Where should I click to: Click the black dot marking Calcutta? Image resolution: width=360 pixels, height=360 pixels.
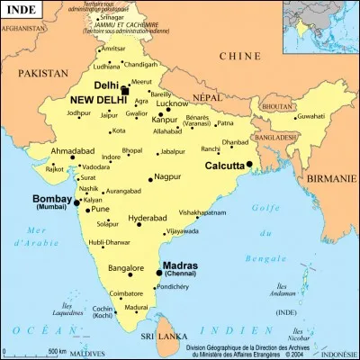coord(248,165)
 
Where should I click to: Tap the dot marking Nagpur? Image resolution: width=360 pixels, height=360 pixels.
coord(150,179)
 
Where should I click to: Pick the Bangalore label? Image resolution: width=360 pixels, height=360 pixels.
coord(126,268)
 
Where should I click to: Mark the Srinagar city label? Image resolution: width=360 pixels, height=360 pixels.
coord(112,17)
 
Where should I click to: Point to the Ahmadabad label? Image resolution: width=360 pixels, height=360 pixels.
coord(71,150)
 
